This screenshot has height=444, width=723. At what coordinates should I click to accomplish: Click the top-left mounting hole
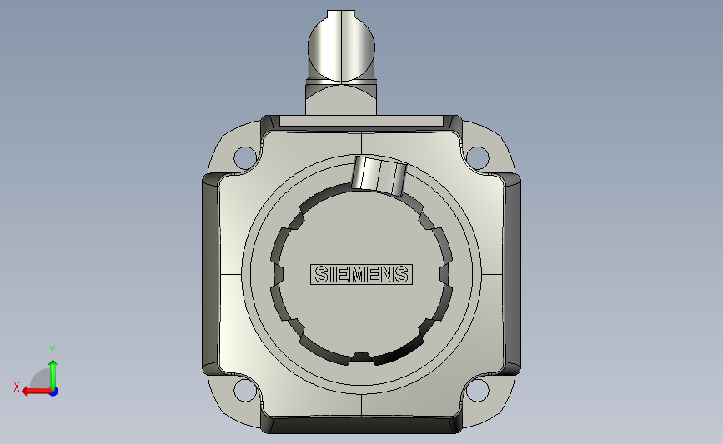click(245, 157)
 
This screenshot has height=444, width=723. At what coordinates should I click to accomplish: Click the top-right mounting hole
click(477, 157)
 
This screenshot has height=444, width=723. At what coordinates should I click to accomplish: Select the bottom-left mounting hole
click(245, 391)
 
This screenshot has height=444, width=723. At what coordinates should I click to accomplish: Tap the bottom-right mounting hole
click(477, 391)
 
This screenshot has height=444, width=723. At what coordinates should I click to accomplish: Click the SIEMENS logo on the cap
click(362, 275)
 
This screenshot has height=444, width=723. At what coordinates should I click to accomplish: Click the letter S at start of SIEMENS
click(321, 275)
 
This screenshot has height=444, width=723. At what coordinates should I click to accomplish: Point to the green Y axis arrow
click(53, 375)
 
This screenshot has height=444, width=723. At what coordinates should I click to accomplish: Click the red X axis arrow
click(37, 392)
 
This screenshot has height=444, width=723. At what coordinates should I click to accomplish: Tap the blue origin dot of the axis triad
click(54, 392)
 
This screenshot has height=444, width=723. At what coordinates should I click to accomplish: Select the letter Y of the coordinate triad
click(53, 351)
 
